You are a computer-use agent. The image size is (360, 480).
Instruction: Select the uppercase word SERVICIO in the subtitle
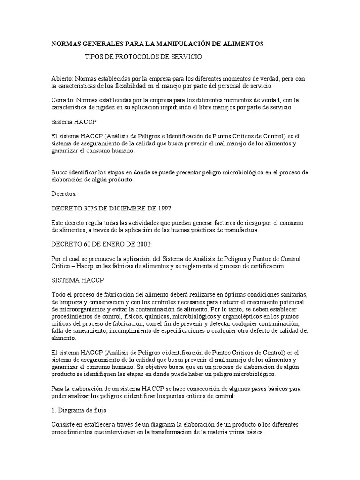tap(186, 56)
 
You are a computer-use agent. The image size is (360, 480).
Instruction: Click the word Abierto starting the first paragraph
tap(62, 79)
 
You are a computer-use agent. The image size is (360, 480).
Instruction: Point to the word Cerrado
tap(62, 100)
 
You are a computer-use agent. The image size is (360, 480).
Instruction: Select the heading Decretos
tap(63, 193)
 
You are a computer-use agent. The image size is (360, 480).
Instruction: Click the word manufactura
tap(240, 230)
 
